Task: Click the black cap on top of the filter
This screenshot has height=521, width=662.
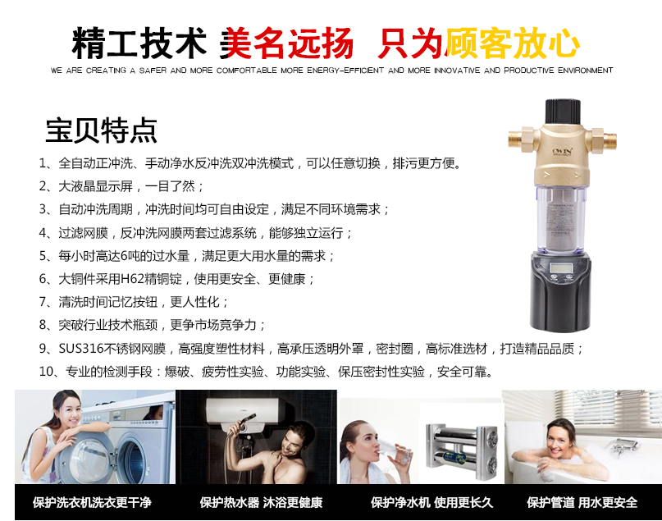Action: [563, 112]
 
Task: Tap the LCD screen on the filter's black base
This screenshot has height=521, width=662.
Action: [562, 267]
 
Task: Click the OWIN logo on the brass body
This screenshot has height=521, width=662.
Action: [563, 152]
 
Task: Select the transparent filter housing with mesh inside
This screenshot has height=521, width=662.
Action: [563, 219]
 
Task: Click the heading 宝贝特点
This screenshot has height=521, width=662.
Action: [102, 130]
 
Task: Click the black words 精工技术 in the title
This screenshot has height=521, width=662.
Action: [139, 43]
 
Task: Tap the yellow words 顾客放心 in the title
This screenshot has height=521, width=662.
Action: [512, 43]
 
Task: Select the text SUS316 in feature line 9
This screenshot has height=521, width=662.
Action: [80, 349]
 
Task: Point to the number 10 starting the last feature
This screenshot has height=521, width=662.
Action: [47, 372]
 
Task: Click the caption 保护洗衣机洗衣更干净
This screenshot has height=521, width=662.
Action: [92, 502]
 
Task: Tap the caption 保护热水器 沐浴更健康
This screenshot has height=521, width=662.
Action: [262, 502]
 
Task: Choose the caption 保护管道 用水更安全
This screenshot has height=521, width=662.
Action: [582, 502]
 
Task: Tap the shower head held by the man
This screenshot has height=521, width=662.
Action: [248, 420]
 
